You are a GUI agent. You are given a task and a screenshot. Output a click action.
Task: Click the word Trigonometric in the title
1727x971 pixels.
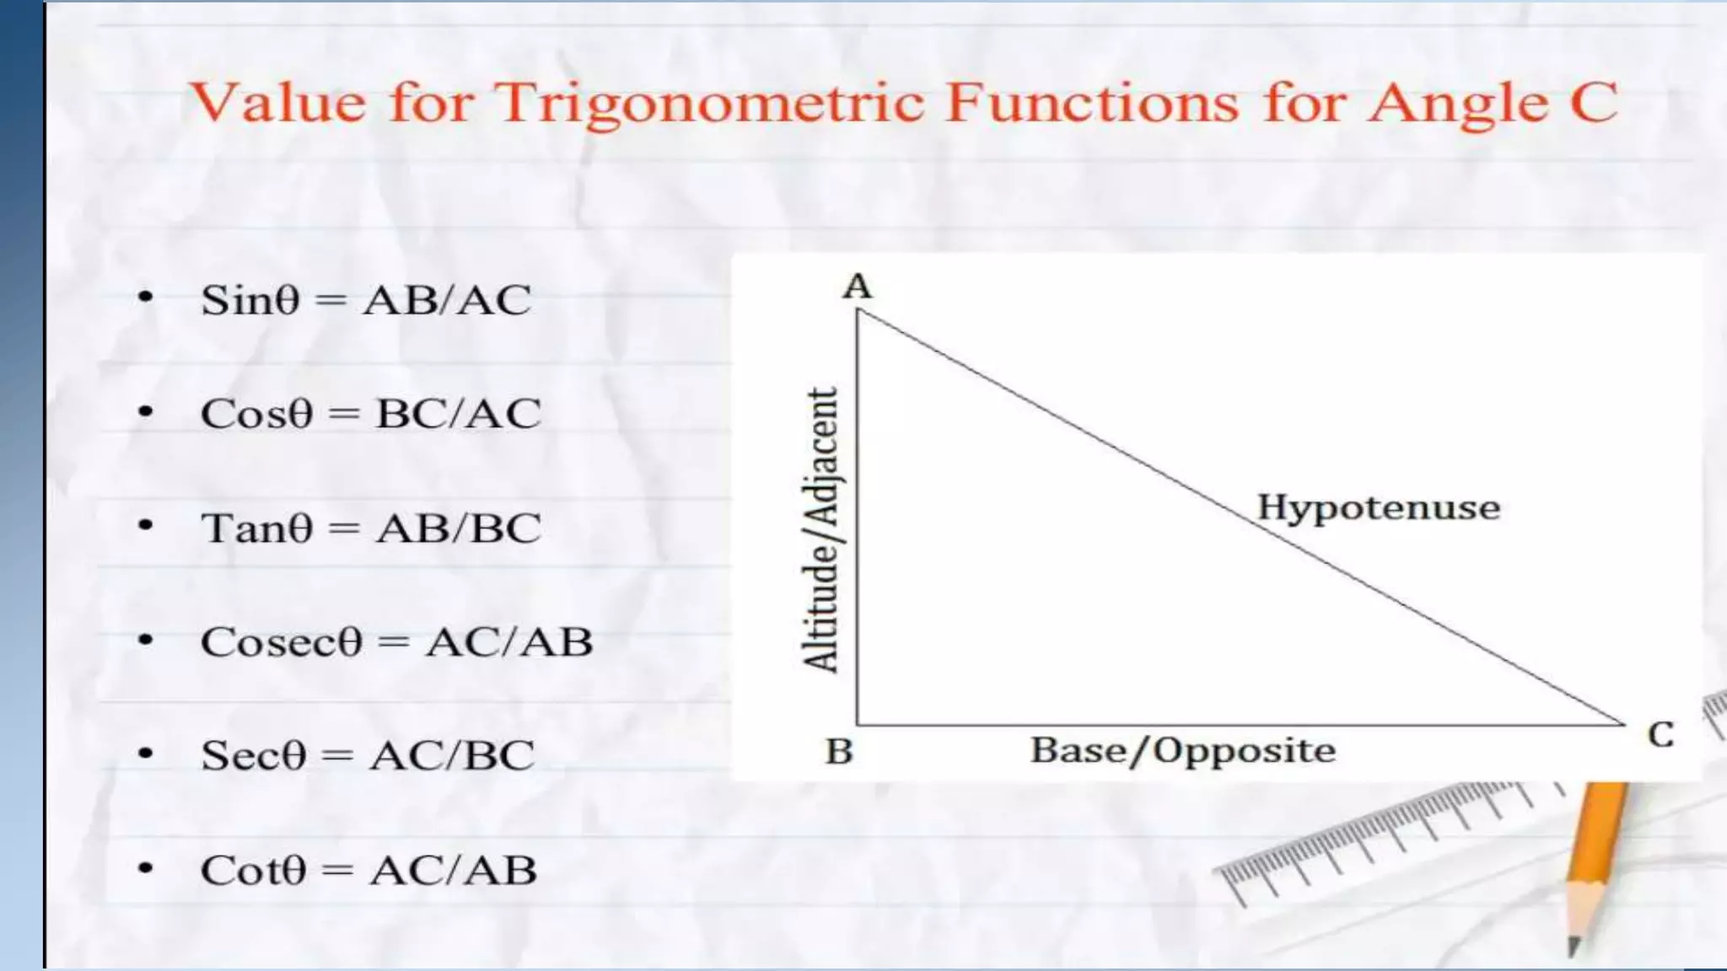click(710, 104)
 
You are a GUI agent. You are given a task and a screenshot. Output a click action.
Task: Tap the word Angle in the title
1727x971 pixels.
click(1458, 104)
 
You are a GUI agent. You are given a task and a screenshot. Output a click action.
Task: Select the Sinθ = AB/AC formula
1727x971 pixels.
click(366, 300)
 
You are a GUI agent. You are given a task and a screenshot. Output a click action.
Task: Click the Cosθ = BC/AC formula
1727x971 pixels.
click(370, 413)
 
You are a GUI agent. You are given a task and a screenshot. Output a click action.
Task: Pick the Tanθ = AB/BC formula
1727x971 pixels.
click(370, 528)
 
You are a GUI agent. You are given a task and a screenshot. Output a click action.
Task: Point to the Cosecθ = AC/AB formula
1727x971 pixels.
click(396, 642)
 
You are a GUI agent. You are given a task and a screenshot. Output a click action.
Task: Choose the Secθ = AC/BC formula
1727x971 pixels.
click(368, 755)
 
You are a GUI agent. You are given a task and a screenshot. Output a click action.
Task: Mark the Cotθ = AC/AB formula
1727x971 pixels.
click(369, 870)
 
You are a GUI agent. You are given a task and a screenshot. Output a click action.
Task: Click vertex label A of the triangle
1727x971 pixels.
click(857, 287)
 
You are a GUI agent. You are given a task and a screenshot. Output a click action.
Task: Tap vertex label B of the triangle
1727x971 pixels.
click(839, 751)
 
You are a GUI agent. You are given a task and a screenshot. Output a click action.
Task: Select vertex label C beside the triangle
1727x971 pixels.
click(1660, 735)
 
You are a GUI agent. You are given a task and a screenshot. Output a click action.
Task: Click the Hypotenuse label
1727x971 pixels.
click(1379, 507)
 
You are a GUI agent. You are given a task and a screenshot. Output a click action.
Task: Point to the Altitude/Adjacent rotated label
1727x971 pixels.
click(821, 529)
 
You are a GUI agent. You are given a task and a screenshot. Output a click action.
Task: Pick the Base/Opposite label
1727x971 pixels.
click(1183, 750)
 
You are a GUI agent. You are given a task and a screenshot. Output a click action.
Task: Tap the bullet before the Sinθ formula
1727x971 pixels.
click(146, 297)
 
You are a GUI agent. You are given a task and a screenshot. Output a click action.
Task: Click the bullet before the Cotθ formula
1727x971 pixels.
click(146, 867)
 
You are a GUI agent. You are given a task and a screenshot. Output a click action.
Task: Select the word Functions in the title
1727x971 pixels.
click(1092, 104)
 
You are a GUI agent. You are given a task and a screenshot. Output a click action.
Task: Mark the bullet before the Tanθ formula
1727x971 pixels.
click(146, 525)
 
